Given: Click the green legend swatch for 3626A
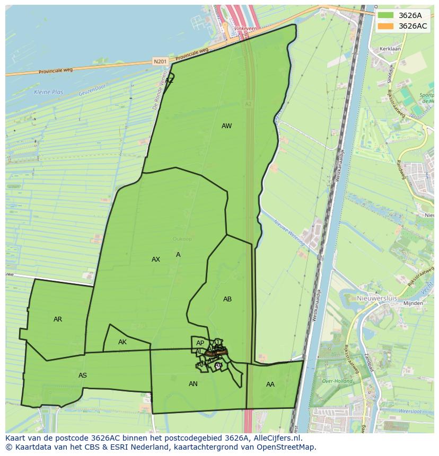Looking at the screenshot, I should coord(385,15).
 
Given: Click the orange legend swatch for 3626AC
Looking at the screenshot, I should coord(385,26).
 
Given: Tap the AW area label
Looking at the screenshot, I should coord(226,126).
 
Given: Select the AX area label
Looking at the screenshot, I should coord(155,260).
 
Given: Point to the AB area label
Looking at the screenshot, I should coord(227,299).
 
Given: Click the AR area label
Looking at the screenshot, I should coord(58,319).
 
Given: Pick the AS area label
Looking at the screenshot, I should coord(83,375).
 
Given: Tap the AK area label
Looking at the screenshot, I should coord(122,342).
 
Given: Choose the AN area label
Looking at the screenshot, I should coord(193,384).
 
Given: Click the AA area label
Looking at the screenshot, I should coord(270,385).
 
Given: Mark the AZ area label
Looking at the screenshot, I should coord(169,81).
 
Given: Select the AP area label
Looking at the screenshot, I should coord(200,343).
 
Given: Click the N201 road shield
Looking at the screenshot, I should coord(160,62).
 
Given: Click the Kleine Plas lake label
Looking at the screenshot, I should coord(48,92).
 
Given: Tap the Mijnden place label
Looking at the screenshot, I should coord(413,303).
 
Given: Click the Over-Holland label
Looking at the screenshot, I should coord(334,381).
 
